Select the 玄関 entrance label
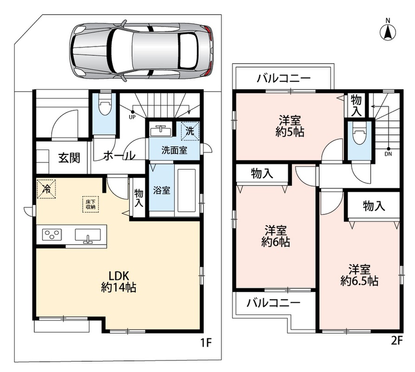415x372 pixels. click(69, 158)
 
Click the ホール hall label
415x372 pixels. click(119, 155)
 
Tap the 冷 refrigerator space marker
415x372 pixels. click(46, 189)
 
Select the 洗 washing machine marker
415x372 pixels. click(190, 131)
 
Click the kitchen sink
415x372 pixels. click(88, 235)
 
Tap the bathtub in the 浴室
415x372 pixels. click(187, 190)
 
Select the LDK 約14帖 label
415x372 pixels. click(118, 282)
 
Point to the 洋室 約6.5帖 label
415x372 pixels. click(359, 275)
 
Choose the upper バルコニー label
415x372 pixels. click(284, 78)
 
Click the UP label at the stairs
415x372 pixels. click(132, 117)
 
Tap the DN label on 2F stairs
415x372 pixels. click(389, 154)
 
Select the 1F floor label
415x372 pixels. click(206, 343)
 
